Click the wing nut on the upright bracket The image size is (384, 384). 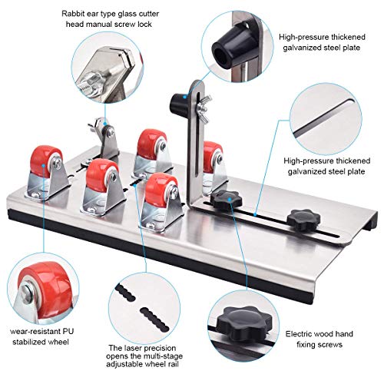204,108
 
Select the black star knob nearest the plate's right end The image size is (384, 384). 303,220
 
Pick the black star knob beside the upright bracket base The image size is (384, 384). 227,200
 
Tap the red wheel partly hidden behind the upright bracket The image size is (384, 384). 213,157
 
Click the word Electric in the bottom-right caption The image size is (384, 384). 298,334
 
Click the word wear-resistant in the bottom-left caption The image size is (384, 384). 35,332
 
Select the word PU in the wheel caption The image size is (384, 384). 68,331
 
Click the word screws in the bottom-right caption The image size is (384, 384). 329,345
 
